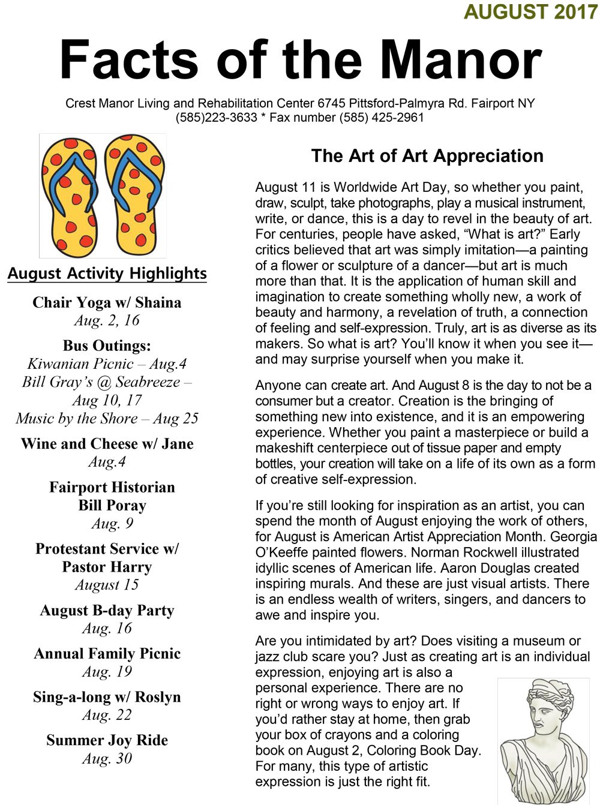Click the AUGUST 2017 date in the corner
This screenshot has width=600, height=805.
click(x=530, y=11)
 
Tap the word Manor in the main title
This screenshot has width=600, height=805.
click(x=461, y=60)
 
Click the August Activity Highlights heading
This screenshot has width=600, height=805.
click(x=107, y=274)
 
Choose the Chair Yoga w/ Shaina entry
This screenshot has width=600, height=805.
click(x=107, y=302)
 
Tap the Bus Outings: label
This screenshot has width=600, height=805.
click(x=107, y=346)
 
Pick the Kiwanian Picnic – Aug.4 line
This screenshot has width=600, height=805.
click(x=107, y=364)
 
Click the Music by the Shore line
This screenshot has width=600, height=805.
click(x=107, y=418)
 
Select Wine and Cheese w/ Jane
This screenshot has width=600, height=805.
click(x=107, y=444)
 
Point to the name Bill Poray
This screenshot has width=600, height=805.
click(x=112, y=505)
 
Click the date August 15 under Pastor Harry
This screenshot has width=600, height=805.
click(x=107, y=585)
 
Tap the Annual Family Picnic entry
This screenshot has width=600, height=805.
click(x=107, y=653)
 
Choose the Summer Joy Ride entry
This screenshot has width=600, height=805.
click(x=107, y=740)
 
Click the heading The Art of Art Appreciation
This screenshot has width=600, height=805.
click(x=427, y=156)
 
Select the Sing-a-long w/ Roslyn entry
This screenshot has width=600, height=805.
click(x=107, y=697)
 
